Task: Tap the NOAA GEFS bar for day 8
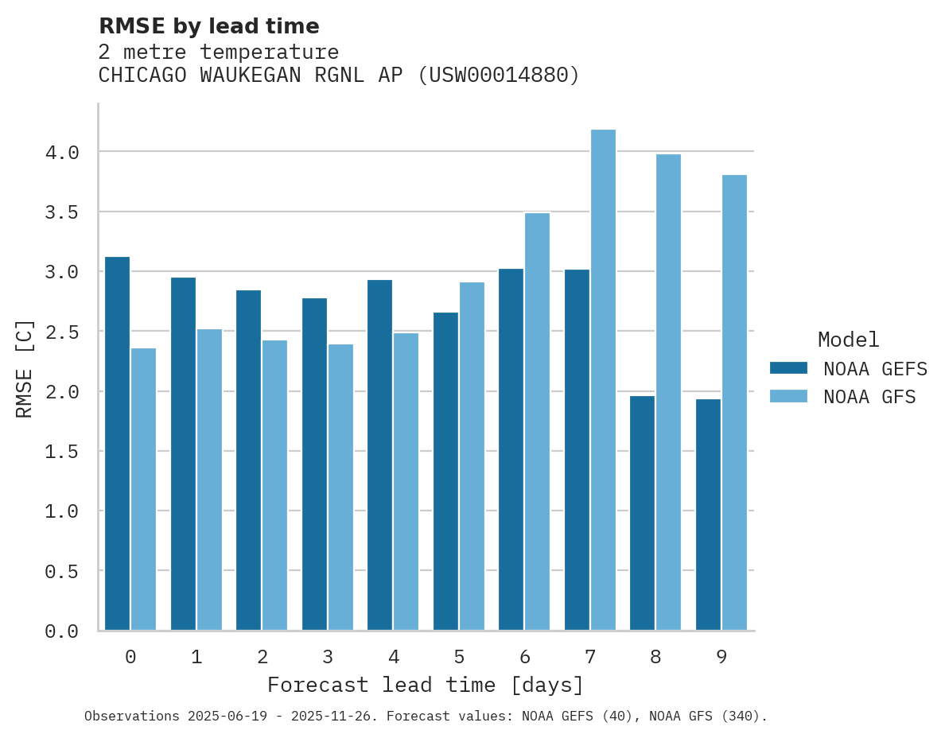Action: [642, 513]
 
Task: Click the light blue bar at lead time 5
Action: [472, 456]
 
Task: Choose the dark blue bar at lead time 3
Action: [314, 464]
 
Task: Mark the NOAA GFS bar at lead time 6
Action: [537, 421]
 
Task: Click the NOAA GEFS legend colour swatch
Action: [788, 368]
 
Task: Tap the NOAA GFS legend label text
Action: [869, 397]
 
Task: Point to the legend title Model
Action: [848, 340]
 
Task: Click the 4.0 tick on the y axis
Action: [62, 153]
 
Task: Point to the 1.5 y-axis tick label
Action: [62, 452]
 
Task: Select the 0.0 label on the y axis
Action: [62, 631]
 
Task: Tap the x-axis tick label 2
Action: [262, 657]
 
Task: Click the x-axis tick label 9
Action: [721, 657]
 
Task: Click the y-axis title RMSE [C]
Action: [25, 368]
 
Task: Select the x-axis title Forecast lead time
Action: [426, 686]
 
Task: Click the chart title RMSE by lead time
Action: [208, 26]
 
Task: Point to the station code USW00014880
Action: [499, 76]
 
